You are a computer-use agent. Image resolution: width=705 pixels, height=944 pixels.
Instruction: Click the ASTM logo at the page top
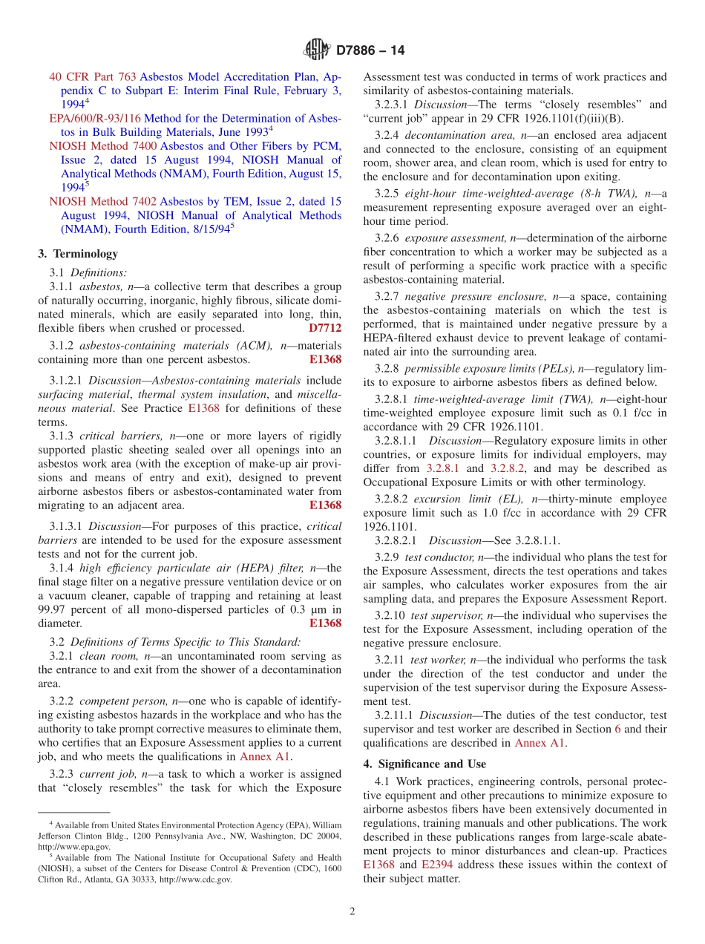pyautogui.click(x=317, y=50)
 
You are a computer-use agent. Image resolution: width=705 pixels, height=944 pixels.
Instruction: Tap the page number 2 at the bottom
pyautogui.click(x=352, y=911)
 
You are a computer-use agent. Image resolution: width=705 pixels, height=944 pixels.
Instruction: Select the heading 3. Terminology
pyautogui.click(x=77, y=254)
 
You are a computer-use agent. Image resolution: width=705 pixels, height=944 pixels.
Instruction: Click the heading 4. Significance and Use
pyautogui.click(x=424, y=764)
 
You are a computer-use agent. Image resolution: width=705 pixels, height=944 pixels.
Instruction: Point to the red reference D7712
pyautogui.click(x=325, y=328)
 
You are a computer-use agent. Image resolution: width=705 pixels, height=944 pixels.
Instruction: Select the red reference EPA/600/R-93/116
pyautogui.click(x=95, y=118)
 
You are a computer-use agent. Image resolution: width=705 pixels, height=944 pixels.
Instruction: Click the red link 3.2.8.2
pyautogui.click(x=508, y=468)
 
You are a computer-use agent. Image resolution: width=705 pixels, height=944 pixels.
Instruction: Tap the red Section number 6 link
pyautogui.click(x=617, y=729)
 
